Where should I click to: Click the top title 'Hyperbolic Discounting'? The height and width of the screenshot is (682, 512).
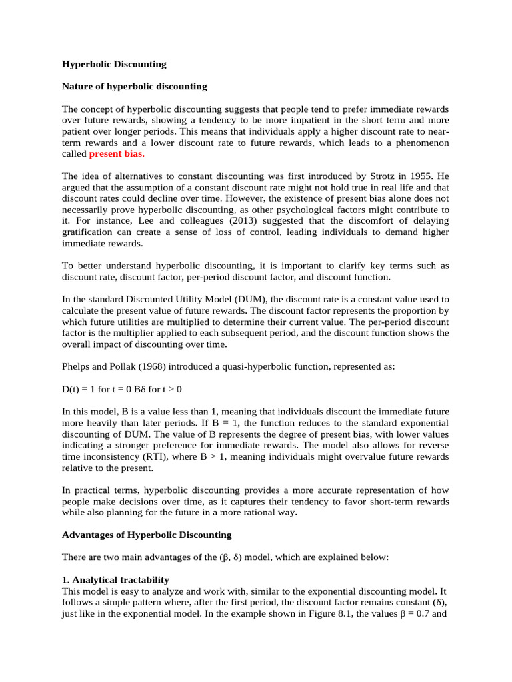114,65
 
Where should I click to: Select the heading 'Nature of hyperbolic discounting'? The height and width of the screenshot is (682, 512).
134,87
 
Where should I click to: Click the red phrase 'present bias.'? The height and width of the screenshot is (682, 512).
117,153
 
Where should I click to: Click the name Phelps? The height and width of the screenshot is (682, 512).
77,366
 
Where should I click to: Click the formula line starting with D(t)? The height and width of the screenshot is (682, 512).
131,389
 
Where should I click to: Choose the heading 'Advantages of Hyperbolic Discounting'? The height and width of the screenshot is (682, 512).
147,535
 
